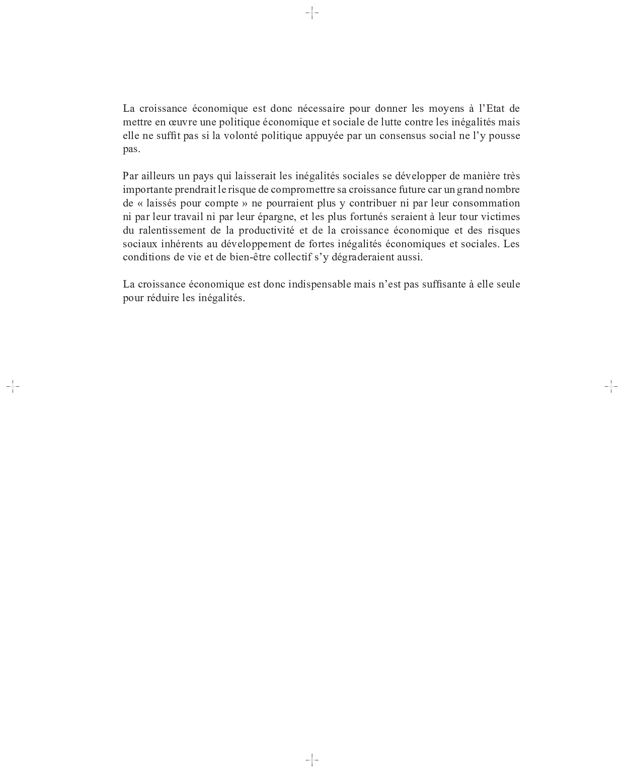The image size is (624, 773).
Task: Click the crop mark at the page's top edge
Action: pyautogui.click(x=312, y=13)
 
